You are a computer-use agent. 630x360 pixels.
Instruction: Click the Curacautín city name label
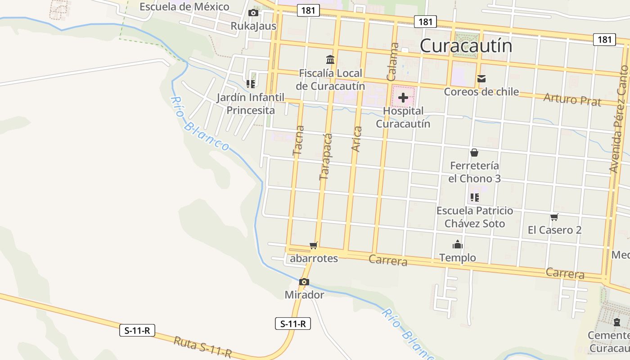coord(466,46)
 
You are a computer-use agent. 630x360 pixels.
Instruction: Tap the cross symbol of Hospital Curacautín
coord(403,97)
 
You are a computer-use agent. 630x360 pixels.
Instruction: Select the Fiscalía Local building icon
coord(330,59)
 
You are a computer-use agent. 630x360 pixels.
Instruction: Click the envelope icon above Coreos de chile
coord(481,79)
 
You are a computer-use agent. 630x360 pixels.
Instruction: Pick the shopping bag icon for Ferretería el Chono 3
coord(474,153)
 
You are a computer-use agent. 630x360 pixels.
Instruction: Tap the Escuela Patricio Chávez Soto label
coord(475,217)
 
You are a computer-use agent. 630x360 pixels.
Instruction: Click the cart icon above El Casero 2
coord(554,217)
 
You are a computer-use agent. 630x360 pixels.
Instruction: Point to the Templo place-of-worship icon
coord(458,244)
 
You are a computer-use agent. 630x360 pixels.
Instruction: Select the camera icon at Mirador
coord(304,282)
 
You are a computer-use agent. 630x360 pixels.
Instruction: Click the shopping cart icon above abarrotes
coord(314,245)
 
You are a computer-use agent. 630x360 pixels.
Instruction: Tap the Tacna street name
coord(298,140)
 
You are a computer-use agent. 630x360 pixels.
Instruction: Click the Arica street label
coord(357,139)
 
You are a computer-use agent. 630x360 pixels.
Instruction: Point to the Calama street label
coord(392,62)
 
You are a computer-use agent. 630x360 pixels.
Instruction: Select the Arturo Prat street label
coord(572,99)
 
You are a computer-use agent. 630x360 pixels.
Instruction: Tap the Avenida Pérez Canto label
coord(619,119)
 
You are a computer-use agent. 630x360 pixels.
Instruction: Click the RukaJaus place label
coord(253,26)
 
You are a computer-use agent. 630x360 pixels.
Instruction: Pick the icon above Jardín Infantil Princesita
coord(251,84)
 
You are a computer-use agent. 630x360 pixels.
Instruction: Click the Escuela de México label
coord(184,7)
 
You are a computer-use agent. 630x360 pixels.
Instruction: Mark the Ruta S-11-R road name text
coord(202,347)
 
